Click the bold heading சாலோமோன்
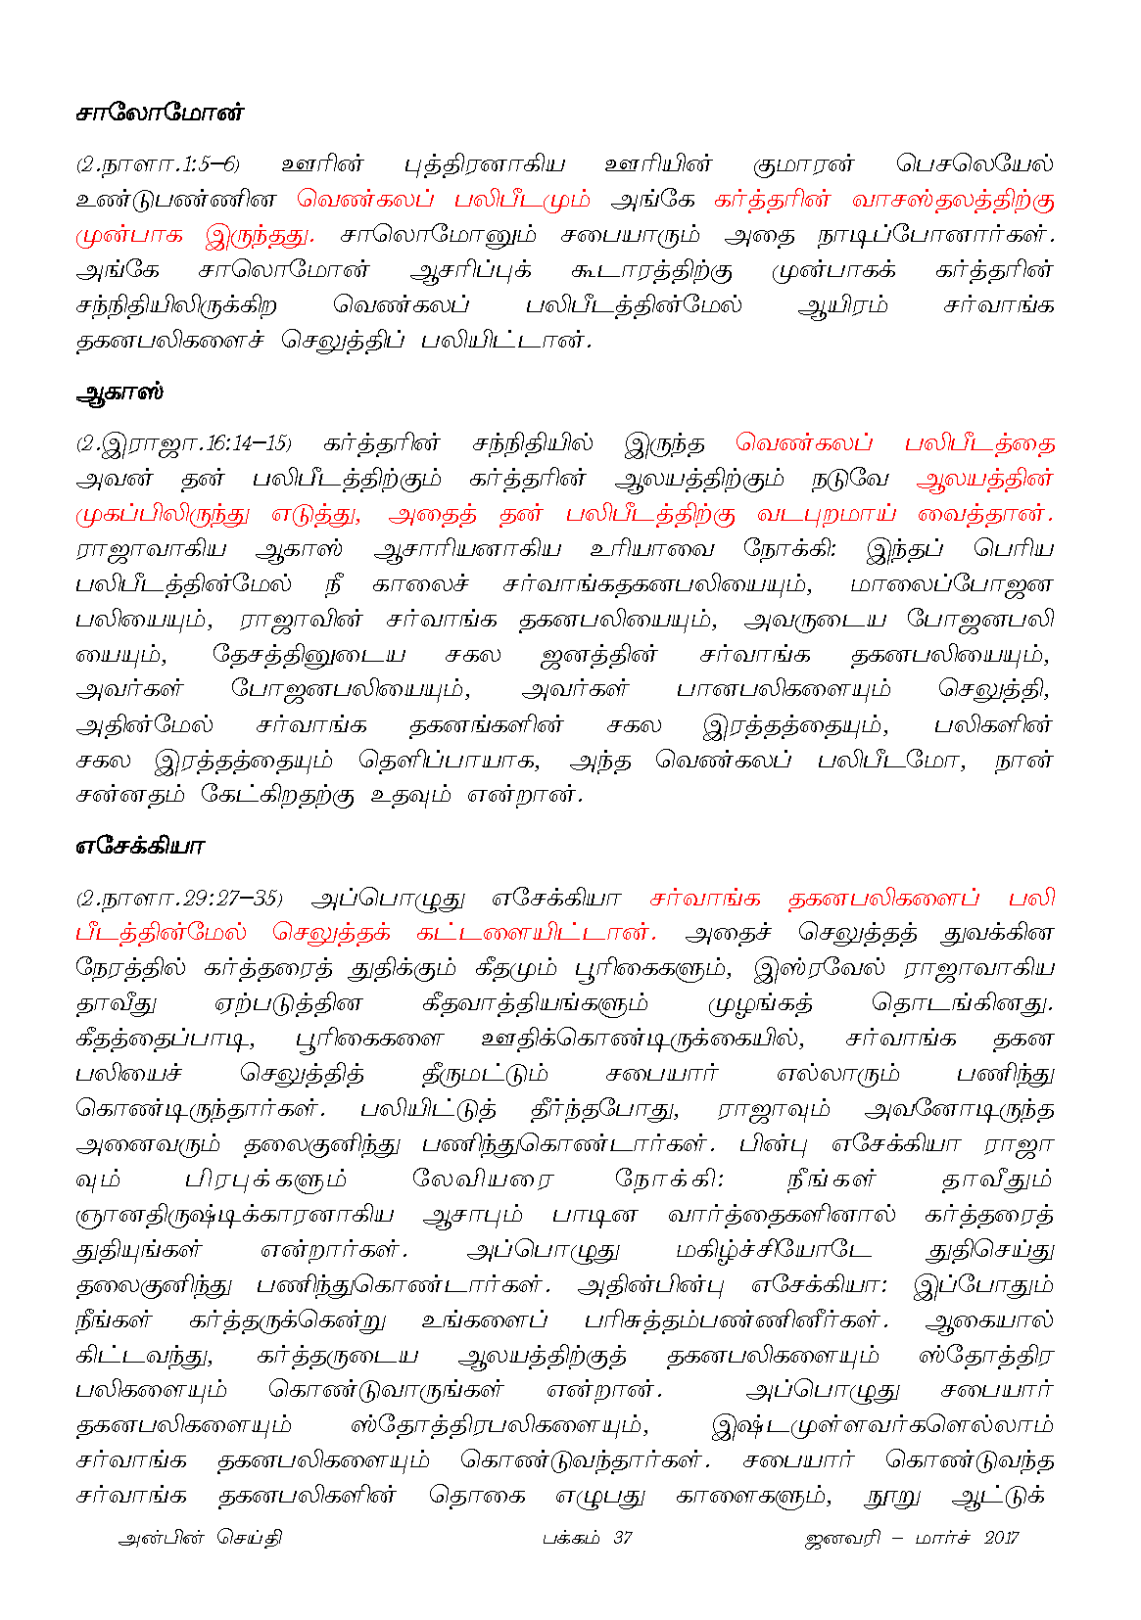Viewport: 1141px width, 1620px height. point(159,114)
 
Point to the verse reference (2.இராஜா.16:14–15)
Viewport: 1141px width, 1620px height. point(184,444)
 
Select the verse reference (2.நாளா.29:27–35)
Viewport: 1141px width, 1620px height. point(179,899)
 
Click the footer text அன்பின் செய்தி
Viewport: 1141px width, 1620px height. point(200,1538)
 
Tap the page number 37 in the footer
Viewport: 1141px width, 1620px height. point(622,1538)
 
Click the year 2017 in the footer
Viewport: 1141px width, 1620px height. point(1001,1538)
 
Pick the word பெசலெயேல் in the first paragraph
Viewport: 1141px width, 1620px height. point(974,164)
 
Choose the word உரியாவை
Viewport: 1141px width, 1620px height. point(652,550)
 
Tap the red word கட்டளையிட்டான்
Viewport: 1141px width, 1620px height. point(536,934)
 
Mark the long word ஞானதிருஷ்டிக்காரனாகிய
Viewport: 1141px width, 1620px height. point(234,1216)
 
